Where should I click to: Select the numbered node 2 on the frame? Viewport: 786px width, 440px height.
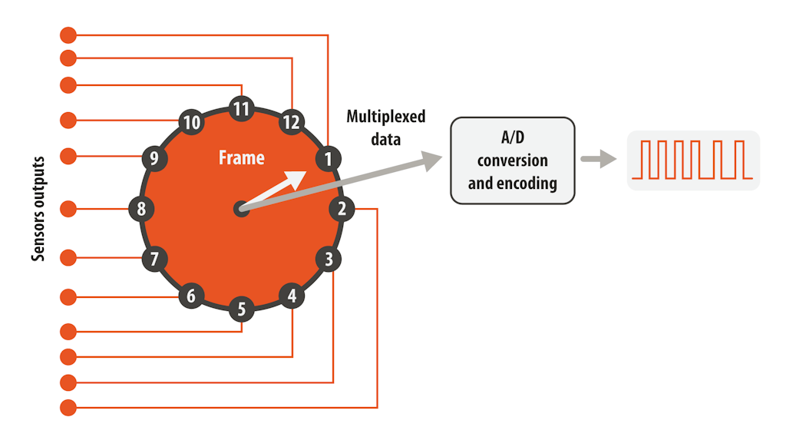click(x=342, y=208)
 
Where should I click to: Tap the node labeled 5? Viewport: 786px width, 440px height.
click(x=242, y=309)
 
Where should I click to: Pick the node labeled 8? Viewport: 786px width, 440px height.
click(x=141, y=208)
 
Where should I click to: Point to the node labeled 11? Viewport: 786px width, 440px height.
click(x=242, y=109)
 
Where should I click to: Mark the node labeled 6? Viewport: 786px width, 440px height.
click(x=192, y=296)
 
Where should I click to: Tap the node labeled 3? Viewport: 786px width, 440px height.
click(x=329, y=260)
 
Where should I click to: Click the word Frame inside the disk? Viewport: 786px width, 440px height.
click(x=241, y=158)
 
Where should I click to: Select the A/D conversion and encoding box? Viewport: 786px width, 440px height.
click(x=512, y=160)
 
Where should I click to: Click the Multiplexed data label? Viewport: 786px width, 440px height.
click(x=385, y=127)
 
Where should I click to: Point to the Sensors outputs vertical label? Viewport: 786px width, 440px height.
click(x=38, y=208)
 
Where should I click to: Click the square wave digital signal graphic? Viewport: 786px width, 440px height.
click(x=693, y=160)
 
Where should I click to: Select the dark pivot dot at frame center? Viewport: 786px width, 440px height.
click(x=241, y=208)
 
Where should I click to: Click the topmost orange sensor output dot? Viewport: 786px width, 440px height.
click(x=68, y=35)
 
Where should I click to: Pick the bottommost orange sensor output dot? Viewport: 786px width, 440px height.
click(x=68, y=408)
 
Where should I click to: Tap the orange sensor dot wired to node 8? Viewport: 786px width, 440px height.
click(x=68, y=208)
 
